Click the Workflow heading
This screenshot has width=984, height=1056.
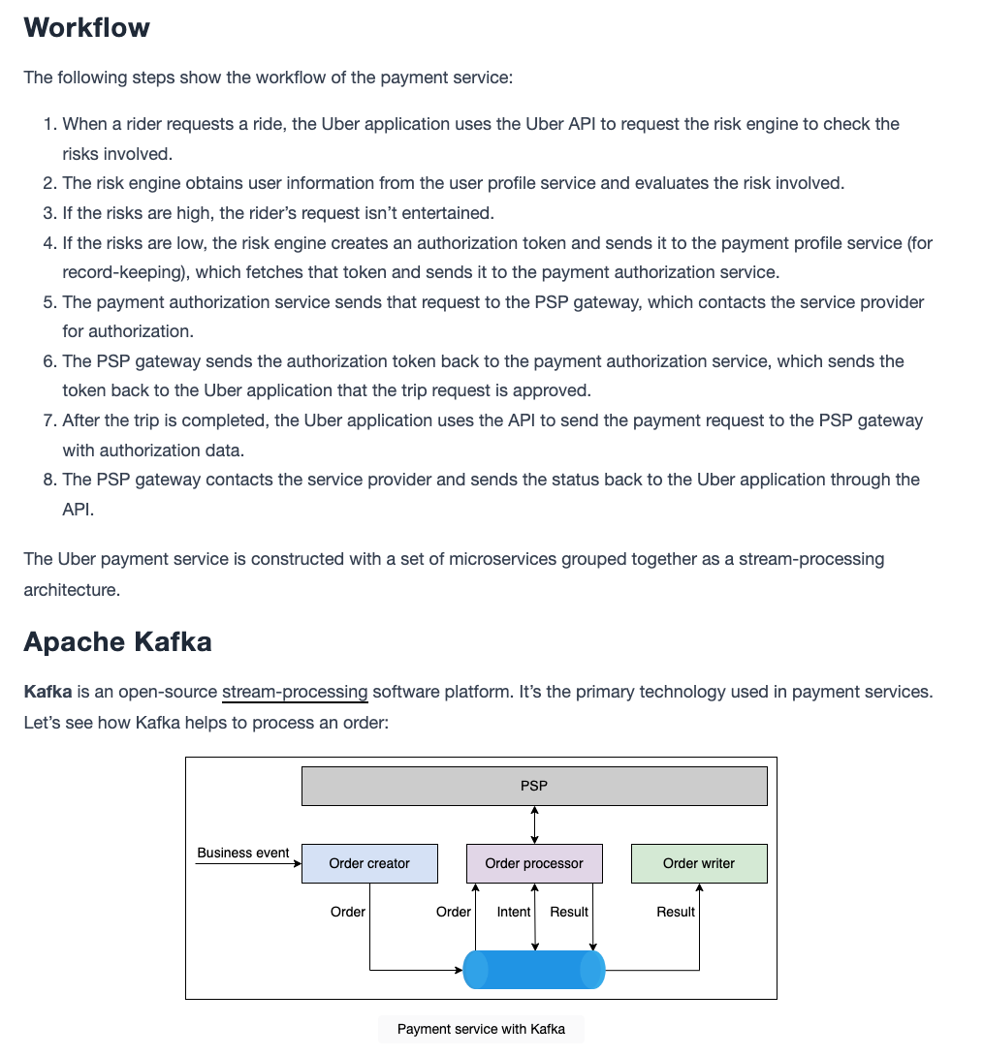pos(87,28)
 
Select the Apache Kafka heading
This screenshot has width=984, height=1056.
pos(118,641)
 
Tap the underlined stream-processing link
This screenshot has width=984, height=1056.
pos(295,693)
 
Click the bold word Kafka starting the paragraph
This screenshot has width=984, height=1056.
pos(48,692)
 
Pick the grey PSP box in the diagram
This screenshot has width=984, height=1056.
pos(534,786)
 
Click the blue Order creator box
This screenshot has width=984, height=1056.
pos(369,863)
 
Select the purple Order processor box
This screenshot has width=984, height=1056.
pos(534,863)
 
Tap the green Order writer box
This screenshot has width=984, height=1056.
pos(699,863)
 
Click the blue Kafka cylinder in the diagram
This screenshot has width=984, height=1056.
pos(534,970)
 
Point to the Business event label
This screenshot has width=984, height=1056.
pos(243,853)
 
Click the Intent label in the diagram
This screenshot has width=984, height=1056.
pos(514,912)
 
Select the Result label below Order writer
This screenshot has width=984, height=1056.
pos(676,912)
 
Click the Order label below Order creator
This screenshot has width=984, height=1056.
pos(348,912)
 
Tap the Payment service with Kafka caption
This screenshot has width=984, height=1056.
pos(481,1029)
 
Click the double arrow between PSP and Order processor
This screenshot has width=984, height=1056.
pos(534,825)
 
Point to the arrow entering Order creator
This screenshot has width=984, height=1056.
pos(249,863)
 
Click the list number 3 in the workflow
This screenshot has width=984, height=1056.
pos(49,213)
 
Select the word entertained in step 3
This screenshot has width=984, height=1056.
pos(448,213)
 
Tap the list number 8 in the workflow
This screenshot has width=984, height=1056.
pos(49,480)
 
